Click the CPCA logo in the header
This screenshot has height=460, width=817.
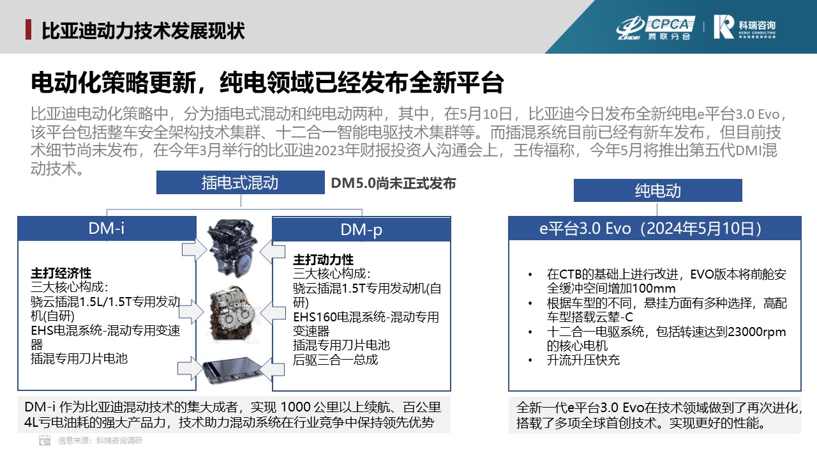pos(656,27)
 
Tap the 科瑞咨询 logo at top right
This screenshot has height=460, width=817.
pos(744,27)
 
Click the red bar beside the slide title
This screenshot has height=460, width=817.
pos(28,29)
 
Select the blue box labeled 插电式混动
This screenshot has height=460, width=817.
pos(241,183)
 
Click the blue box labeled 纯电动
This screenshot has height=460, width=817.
pos(657,190)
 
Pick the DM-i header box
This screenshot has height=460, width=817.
pos(107,229)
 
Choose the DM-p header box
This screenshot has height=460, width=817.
pos(361,229)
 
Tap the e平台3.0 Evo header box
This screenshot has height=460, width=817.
pos(655,229)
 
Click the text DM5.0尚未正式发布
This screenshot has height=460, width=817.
pos(393,183)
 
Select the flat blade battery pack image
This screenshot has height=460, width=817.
pos(230,370)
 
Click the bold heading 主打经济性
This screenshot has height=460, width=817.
pos(61,273)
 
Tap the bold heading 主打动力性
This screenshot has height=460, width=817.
pos(323,259)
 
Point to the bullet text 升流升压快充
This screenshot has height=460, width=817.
pos(583,360)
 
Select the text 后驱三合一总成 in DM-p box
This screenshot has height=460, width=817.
pos(335,360)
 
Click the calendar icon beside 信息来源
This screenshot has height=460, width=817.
pos(45,440)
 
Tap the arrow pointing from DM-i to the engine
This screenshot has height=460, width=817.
pos(195,250)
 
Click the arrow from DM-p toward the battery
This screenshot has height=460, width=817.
pos(272,369)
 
